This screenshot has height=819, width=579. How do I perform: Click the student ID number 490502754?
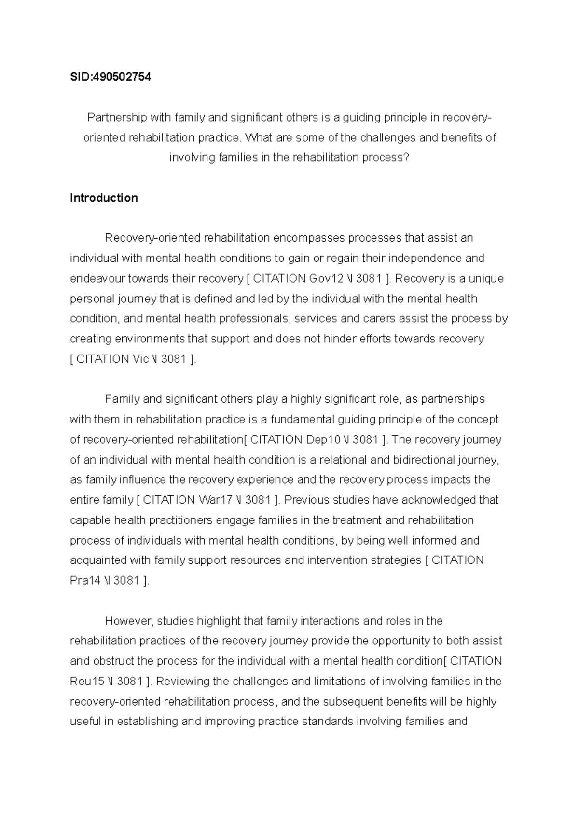pos(121,77)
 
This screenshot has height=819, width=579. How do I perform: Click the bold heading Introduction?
pos(104,198)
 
